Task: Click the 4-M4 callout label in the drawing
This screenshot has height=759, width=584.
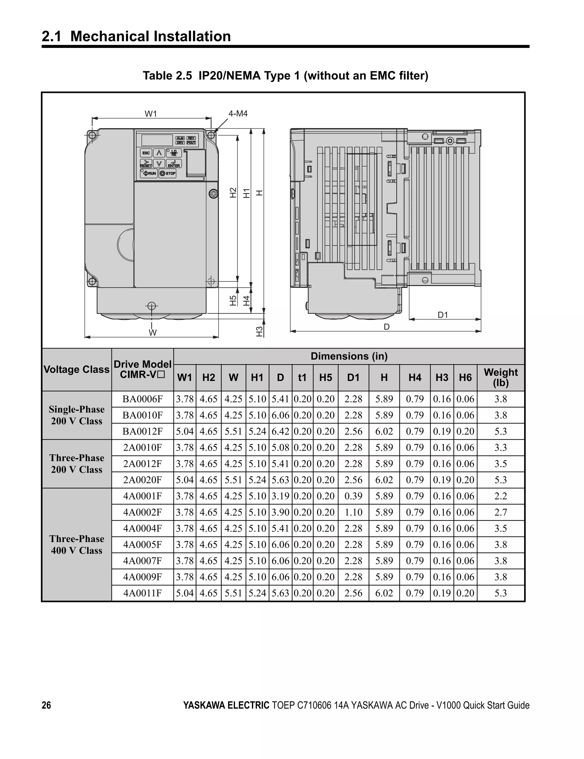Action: click(x=238, y=114)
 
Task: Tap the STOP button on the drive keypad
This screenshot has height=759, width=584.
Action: click(x=168, y=173)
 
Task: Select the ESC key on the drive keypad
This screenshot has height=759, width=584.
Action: click(x=146, y=153)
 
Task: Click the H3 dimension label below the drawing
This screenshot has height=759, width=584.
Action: click(x=259, y=332)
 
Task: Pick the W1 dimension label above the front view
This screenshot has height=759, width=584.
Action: click(x=151, y=114)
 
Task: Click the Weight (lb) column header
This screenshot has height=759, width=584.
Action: click(x=500, y=378)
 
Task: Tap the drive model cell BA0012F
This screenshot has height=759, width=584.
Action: click(x=143, y=431)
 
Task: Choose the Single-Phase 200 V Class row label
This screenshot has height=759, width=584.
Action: click(x=77, y=415)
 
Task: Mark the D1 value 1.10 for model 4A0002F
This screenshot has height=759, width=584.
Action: click(x=353, y=512)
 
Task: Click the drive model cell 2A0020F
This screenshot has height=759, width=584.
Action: click(x=143, y=480)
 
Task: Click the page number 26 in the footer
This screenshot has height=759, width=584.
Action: click(x=46, y=705)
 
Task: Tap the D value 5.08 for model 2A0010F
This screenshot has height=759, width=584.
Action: click(x=280, y=448)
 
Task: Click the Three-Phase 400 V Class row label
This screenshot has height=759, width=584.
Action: click(x=77, y=545)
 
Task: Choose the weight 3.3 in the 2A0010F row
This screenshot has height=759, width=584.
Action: click(x=500, y=448)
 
